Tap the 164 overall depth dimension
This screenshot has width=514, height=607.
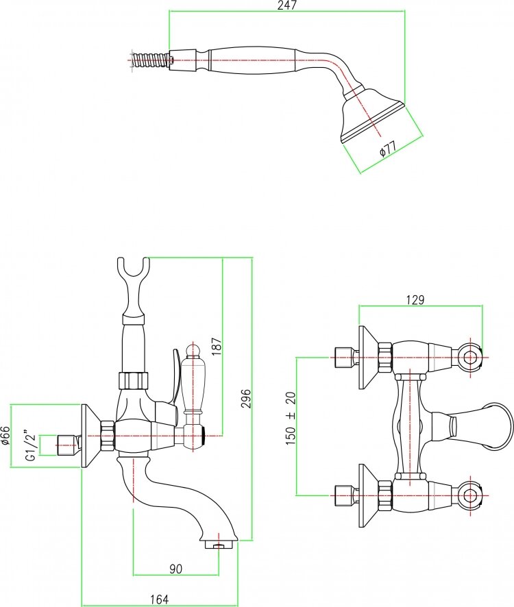click(x=158, y=599)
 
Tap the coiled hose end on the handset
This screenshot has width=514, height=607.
click(x=148, y=59)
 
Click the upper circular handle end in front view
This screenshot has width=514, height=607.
click(x=470, y=356)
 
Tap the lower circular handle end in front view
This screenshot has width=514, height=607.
click(x=470, y=494)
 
